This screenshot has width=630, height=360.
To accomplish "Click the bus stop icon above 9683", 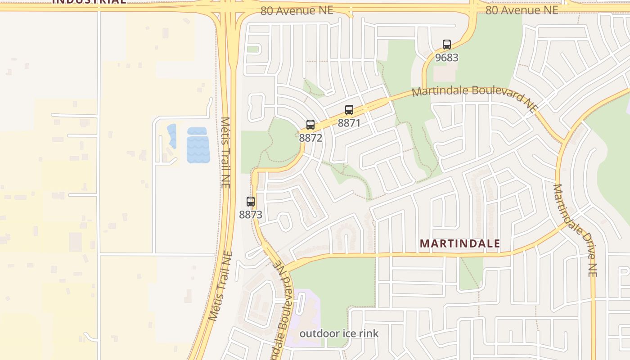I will pyautogui.click(x=446, y=45).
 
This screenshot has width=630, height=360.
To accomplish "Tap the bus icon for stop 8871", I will pyautogui.click(x=349, y=109).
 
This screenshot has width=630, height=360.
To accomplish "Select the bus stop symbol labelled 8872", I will pyautogui.click(x=310, y=125).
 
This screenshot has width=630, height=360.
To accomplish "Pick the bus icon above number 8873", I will pyautogui.click(x=251, y=202).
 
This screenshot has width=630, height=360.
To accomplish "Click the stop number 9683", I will pyautogui.click(x=446, y=58).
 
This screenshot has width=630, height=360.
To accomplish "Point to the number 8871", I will pyautogui.click(x=349, y=122).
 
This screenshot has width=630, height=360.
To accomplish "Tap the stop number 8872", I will pyautogui.click(x=310, y=138).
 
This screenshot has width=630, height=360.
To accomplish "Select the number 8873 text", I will pyautogui.click(x=251, y=215).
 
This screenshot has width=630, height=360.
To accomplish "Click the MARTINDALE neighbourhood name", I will pyautogui.click(x=459, y=243).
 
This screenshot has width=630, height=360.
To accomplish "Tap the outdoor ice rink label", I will pyautogui.click(x=339, y=333).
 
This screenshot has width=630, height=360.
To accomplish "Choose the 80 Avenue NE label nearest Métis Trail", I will pyautogui.click(x=297, y=10).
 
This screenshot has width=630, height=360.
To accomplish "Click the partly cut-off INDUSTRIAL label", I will pyautogui.click(x=89, y=2).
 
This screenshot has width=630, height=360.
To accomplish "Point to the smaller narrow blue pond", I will pyautogui.click(x=172, y=136).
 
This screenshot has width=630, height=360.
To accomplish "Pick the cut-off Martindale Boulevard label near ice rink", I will pyautogui.click(x=283, y=315).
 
